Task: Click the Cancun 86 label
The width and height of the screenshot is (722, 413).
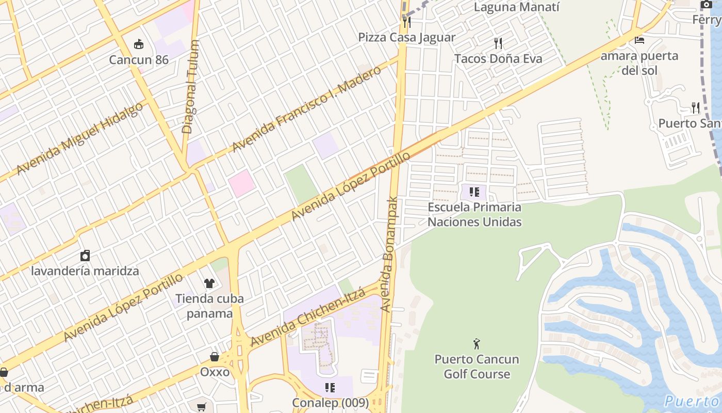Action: (139, 60)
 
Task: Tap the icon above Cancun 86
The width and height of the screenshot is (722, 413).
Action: (138, 44)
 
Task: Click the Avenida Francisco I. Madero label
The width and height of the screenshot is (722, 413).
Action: (306, 109)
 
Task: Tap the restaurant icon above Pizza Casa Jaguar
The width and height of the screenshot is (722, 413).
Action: (407, 22)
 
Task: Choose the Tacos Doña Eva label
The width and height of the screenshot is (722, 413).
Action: (498, 59)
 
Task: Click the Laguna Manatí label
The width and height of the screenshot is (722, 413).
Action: (516, 7)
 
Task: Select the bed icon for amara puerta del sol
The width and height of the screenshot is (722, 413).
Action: (639, 40)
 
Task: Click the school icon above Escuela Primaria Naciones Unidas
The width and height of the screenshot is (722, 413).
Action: (474, 193)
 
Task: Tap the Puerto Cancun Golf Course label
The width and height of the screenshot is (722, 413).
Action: (477, 367)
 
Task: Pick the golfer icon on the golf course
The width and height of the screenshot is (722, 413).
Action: (477, 343)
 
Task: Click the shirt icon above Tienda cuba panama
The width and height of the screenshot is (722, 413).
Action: (209, 283)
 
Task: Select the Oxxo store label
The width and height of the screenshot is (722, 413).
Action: (215, 372)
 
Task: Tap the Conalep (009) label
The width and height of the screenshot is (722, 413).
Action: (330, 403)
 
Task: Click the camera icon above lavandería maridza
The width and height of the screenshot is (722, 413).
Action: (85, 256)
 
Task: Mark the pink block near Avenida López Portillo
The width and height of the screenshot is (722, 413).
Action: (241, 183)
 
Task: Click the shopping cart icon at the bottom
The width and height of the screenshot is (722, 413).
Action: (202, 407)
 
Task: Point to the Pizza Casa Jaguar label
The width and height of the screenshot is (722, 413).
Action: (407, 37)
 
